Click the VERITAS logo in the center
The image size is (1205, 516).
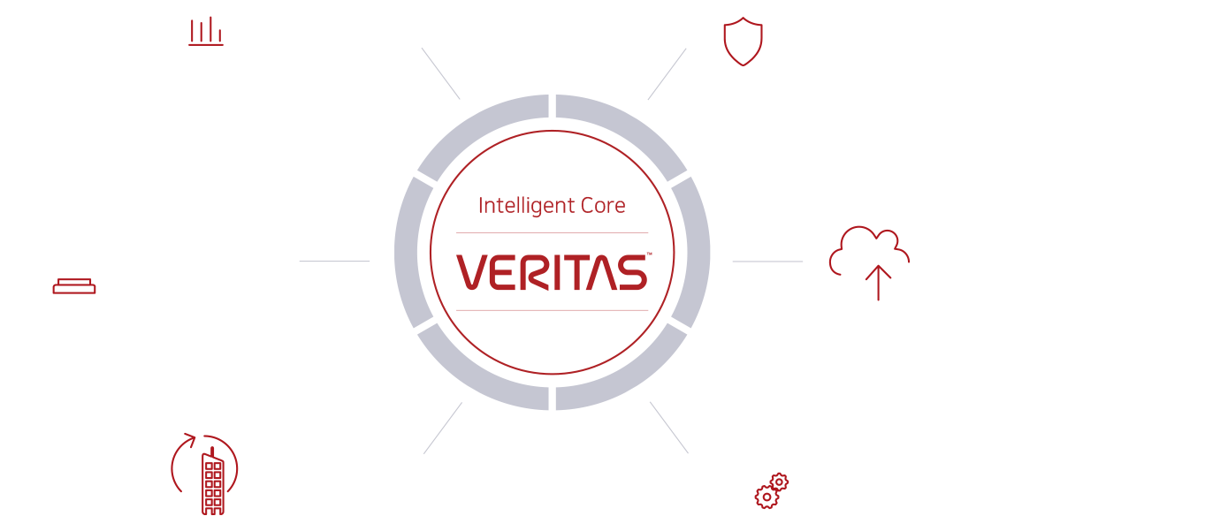[552, 272]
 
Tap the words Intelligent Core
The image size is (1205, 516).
[552, 206]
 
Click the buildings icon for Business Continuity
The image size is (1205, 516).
[203, 474]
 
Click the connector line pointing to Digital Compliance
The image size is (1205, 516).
[334, 262]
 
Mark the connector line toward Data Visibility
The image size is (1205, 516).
[440, 73]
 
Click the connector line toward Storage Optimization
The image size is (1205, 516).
[669, 428]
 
